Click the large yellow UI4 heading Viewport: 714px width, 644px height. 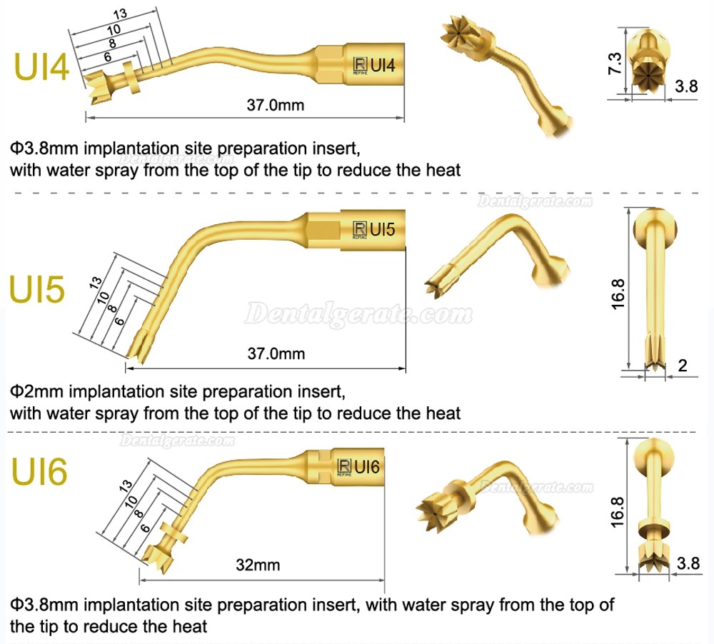(41, 67)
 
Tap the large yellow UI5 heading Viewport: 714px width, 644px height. (37, 290)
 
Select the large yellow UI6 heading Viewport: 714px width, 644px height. (39, 471)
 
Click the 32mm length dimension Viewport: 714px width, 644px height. (258, 565)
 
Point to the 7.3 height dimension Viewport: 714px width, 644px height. (614, 64)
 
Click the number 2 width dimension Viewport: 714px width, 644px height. (682, 366)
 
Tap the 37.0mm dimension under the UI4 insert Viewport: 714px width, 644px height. (276, 105)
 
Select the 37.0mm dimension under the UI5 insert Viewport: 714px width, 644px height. (276, 353)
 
